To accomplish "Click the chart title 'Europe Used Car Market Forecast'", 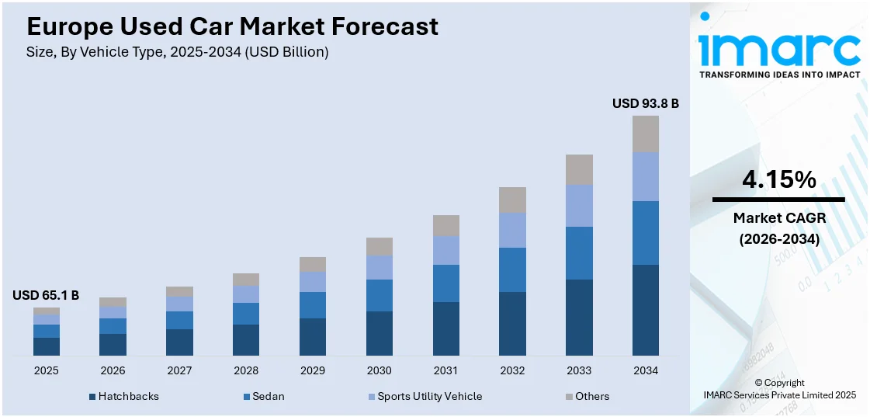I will click(232, 26).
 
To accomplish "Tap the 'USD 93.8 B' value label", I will click(646, 103).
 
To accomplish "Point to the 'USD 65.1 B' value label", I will click(46, 295).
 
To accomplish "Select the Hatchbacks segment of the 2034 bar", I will click(646, 310).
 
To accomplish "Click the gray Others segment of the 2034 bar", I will click(646, 134).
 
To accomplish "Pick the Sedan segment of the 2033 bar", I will click(579, 253).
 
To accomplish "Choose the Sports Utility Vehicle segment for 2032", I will click(512, 230).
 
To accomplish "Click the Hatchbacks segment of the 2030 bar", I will click(379, 333).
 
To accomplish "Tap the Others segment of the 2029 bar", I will click(313, 264).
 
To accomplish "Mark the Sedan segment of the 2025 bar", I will click(46, 331).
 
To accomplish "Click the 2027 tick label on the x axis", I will click(179, 370).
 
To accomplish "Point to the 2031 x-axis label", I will click(445, 370).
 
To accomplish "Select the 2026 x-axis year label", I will click(113, 370).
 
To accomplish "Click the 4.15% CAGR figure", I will click(778, 180).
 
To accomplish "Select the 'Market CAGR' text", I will click(778, 218).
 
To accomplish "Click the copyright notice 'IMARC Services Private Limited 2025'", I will click(780, 395).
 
